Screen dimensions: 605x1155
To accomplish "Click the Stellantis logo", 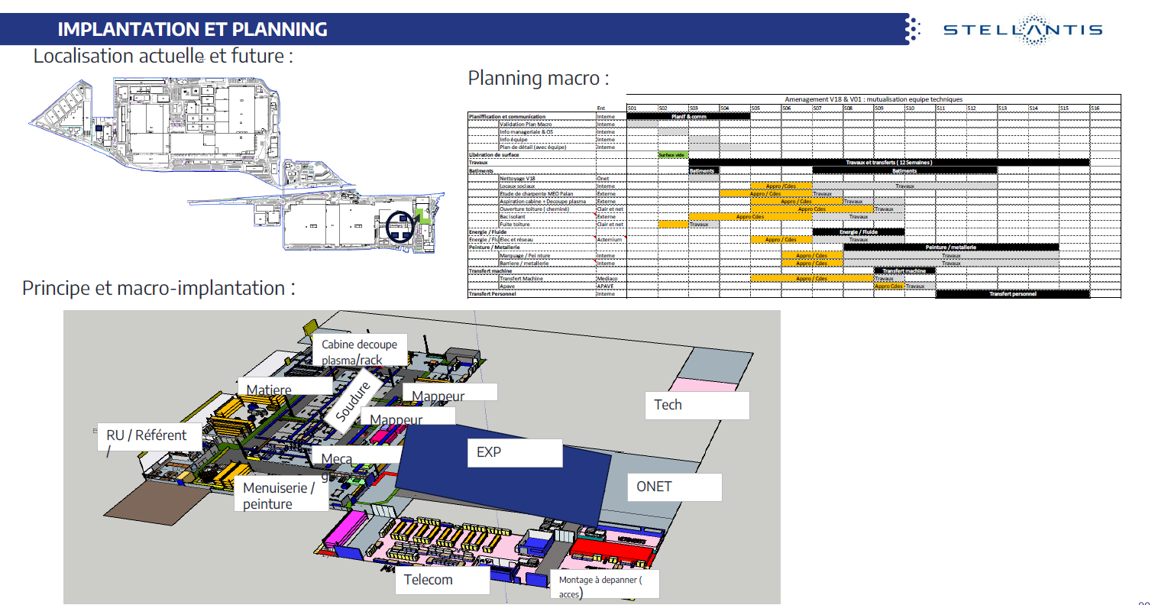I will (x=1023, y=30).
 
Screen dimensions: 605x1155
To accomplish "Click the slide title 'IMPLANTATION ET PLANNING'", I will (x=192, y=30).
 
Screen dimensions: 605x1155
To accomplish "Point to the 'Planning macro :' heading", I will (x=539, y=78).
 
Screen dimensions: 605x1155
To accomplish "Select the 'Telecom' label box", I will (x=442, y=581).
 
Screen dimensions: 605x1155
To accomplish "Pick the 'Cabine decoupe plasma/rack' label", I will (x=359, y=352).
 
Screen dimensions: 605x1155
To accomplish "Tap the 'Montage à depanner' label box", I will (x=603, y=585).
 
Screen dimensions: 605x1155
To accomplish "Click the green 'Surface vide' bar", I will (x=672, y=155).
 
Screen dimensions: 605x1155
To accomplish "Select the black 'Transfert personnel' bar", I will (x=1012, y=294).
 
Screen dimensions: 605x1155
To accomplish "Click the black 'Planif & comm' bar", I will (x=688, y=116).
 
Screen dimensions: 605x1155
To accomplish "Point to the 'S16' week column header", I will (x=1105, y=108).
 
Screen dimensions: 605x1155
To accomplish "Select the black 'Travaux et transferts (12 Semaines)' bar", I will (x=888, y=163).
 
